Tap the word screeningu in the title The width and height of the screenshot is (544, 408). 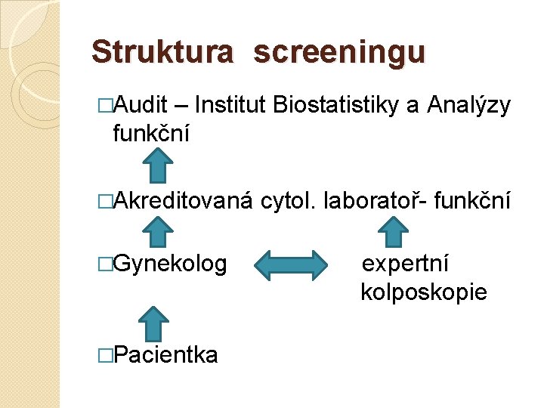339,54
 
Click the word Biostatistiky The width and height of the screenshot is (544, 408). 336,106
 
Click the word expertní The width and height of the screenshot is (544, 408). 406,264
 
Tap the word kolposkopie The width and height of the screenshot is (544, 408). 424,292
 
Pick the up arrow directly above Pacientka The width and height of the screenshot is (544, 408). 154,323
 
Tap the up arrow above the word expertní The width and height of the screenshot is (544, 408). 393,233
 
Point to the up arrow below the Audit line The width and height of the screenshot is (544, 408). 158,165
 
